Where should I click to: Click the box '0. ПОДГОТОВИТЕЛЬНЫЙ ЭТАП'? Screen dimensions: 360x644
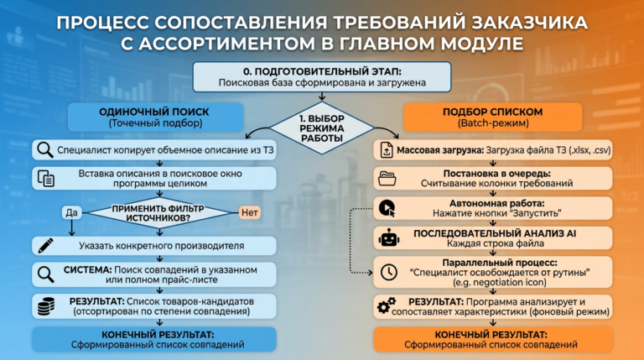pyautogui.click(x=321, y=76)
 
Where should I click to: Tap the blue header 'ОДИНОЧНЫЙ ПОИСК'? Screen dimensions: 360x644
pyautogui.click(x=154, y=117)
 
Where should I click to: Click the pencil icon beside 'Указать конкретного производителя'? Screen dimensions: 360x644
pyautogui.click(x=45, y=246)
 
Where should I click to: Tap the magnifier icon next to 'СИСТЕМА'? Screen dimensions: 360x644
pyautogui.click(x=45, y=274)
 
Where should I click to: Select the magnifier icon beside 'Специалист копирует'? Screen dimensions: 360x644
pyautogui.click(x=45, y=151)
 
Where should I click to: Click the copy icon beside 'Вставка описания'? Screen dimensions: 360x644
pyautogui.click(x=46, y=178)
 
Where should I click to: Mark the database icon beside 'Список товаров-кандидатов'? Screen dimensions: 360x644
pyautogui.click(x=45, y=304)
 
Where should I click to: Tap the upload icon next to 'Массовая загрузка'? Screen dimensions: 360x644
pyautogui.click(x=387, y=151)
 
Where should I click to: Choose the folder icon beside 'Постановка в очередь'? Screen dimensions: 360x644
pyautogui.click(x=387, y=178)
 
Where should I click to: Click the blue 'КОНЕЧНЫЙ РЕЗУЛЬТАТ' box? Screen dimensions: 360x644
pyautogui.click(x=154, y=339)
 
